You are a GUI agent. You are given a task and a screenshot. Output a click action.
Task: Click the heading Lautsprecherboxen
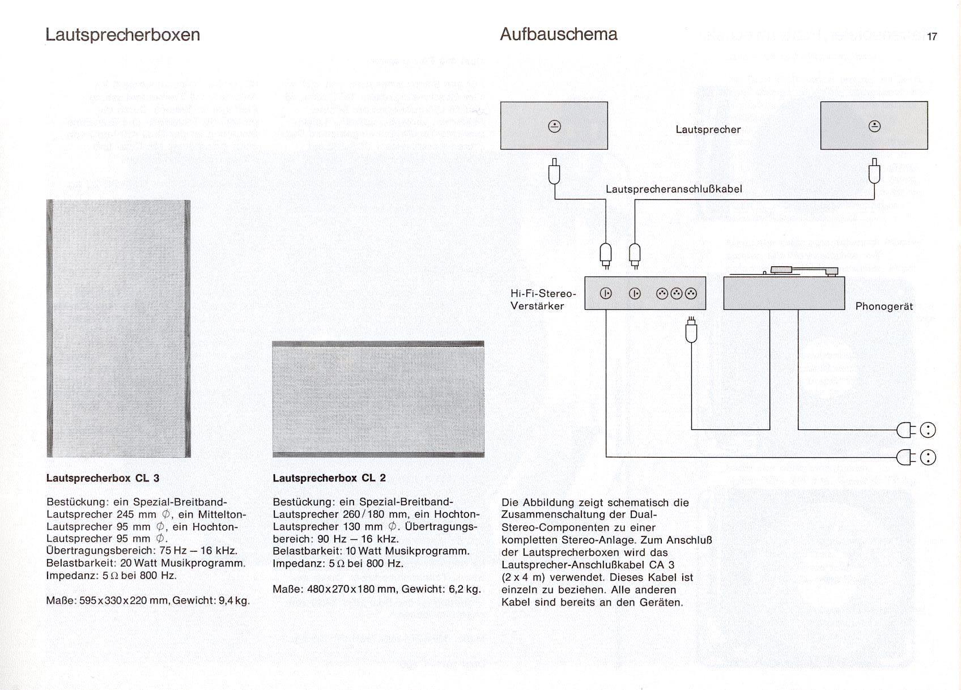pos(122,35)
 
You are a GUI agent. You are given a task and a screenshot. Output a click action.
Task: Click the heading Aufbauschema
pos(558,34)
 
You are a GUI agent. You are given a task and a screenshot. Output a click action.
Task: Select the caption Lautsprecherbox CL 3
pos(103,478)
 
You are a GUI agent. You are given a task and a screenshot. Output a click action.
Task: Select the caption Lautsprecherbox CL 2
pos(329,478)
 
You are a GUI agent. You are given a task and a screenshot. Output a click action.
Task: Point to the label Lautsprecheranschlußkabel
pos(674,189)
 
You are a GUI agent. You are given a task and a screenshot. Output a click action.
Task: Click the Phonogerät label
pos(884,306)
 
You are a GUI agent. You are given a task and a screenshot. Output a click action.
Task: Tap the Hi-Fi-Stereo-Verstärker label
pos(542,300)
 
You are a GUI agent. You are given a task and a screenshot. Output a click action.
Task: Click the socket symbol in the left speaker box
pos(555,126)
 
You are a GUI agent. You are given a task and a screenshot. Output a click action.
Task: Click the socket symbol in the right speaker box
pos(874,126)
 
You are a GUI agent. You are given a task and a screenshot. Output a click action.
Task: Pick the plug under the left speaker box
pos(555,172)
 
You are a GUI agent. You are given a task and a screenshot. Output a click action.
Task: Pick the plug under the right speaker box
pos(874,172)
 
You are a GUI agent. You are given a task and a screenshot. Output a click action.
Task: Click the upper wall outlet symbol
pos(928,431)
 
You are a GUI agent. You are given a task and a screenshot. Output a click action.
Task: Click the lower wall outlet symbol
pos(928,457)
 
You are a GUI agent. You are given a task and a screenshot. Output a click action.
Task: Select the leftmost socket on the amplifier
pos(606,293)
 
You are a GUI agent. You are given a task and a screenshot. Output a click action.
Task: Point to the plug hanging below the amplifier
pos(691,331)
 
